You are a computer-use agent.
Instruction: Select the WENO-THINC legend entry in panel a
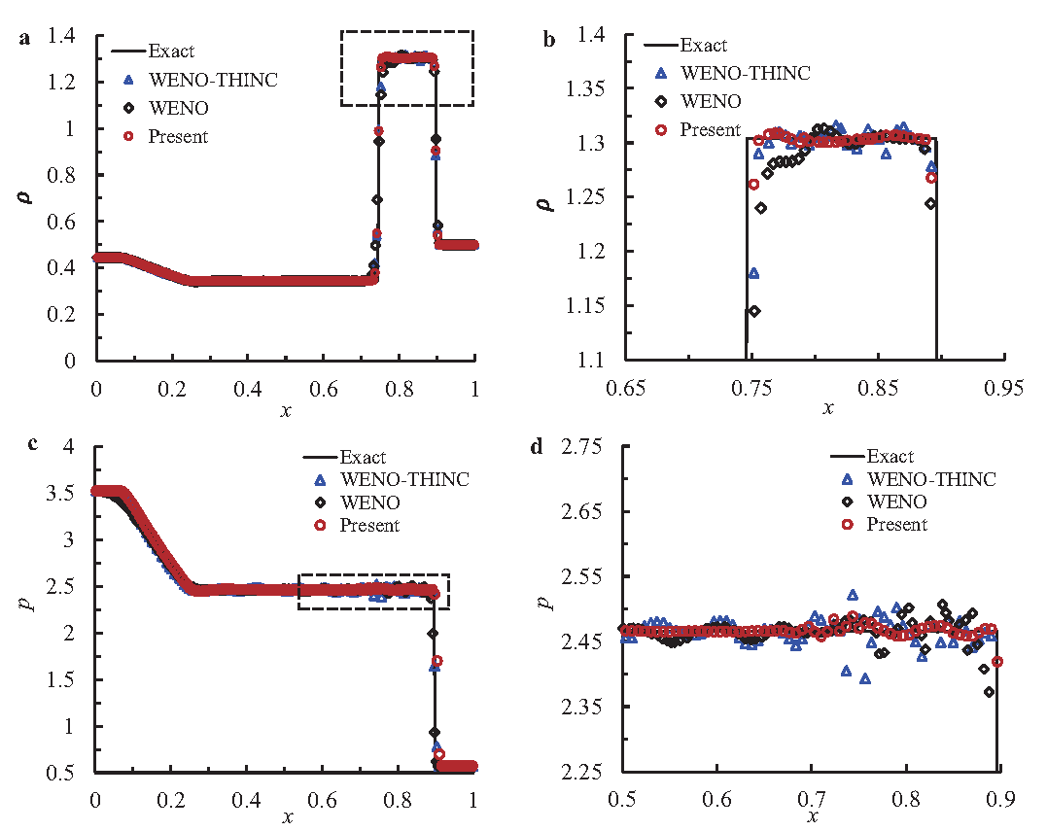(x=212, y=80)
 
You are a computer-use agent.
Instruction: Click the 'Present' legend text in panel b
(x=710, y=129)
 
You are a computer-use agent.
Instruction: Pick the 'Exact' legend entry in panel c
(x=363, y=457)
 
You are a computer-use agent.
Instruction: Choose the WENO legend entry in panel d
(x=896, y=502)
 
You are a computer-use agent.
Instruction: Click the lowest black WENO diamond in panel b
(x=754, y=311)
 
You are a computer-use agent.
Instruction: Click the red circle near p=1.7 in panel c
(x=437, y=661)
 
